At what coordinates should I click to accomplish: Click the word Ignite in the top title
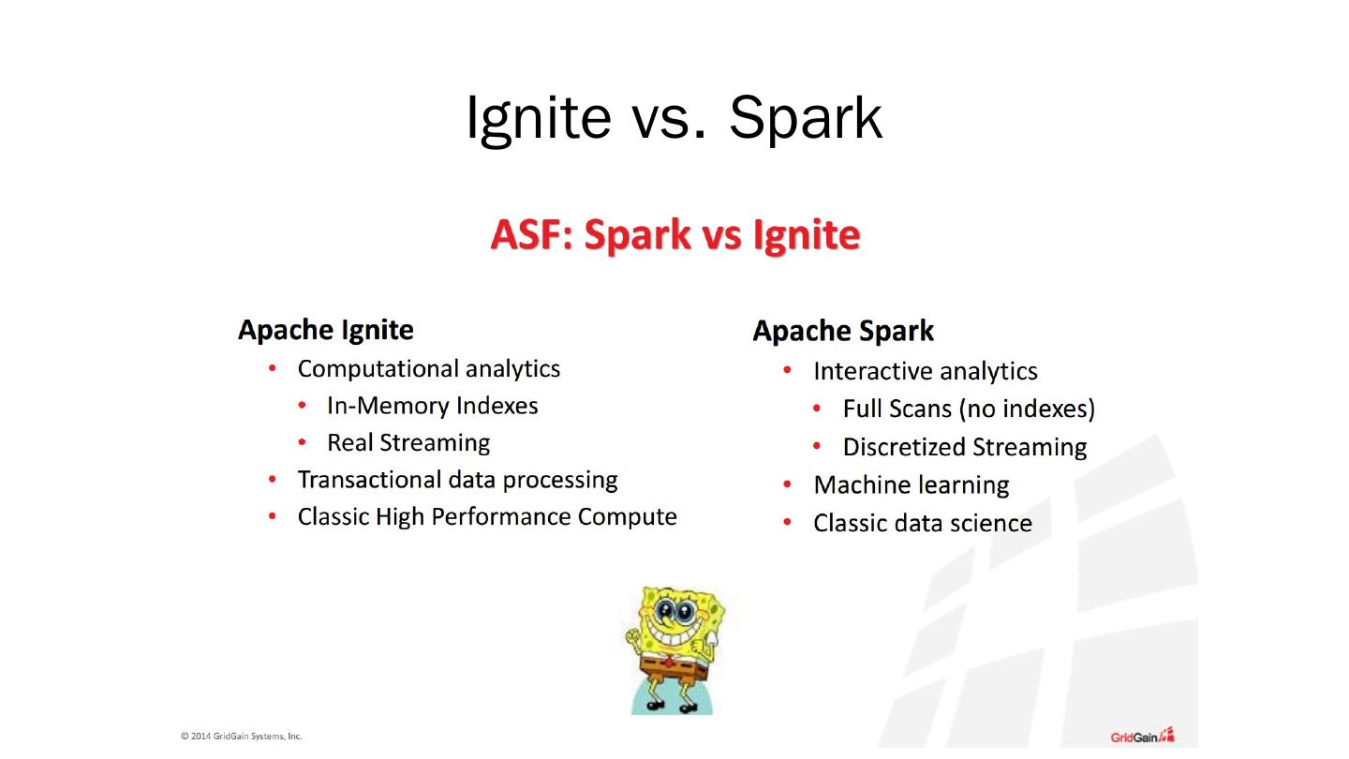[x=539, y=119]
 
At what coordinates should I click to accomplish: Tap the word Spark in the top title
[x=806, y=119]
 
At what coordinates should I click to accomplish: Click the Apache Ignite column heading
[x=326, y=330]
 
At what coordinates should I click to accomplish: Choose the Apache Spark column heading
[x=843, y=331]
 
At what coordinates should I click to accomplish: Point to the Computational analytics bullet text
[x=429, y=368]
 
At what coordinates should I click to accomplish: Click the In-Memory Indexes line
[x=433, y=406]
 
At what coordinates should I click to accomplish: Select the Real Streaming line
[x=408, y=442]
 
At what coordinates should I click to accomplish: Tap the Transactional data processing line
[x=458, y=480]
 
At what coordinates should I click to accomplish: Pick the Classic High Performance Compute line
[x=487, y=517]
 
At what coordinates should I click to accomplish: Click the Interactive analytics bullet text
[x=926, y=371]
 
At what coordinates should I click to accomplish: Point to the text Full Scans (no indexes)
[x=969, y=409]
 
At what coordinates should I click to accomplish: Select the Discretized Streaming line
[x=965, y=447]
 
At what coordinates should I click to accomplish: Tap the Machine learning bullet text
[x=912, y=485]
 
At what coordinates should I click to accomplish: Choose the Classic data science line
[x=923, y=523]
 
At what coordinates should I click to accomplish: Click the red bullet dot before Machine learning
[x=787, y=484]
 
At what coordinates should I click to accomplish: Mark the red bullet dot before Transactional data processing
[x=273, y=480]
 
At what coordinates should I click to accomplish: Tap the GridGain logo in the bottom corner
[x=1143, y=736]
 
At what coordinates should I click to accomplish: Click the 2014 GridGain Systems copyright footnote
[x=241, y=737]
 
